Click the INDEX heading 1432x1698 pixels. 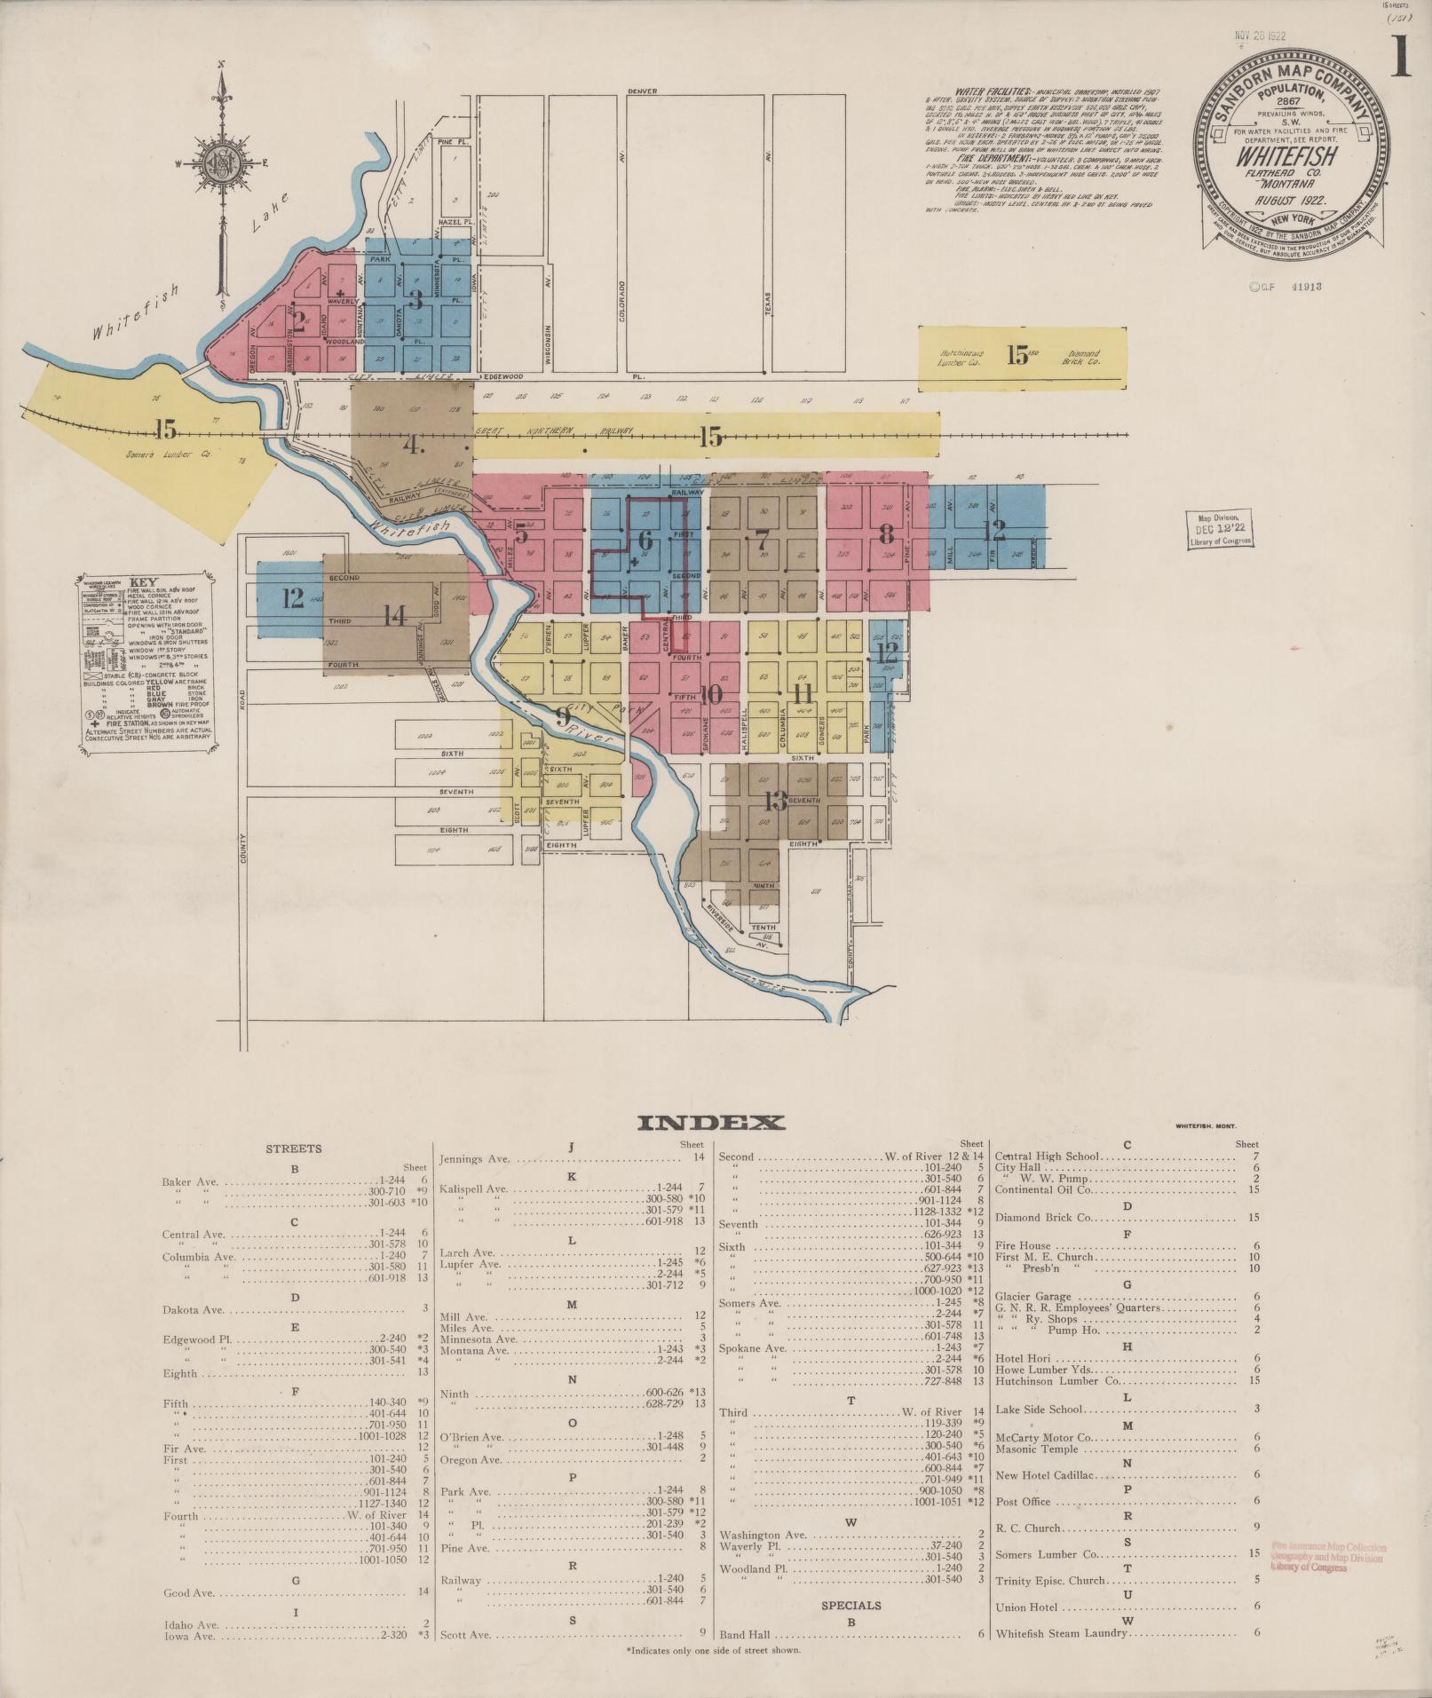[711, 1123]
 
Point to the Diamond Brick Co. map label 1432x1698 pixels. [1083, 358]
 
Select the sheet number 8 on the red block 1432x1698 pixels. [885, 533]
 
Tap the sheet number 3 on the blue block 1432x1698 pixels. [415, 298]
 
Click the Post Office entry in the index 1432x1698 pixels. [1023, 1502]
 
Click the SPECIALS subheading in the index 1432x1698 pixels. [850, 1605]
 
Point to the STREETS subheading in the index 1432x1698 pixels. [294, 1149]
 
